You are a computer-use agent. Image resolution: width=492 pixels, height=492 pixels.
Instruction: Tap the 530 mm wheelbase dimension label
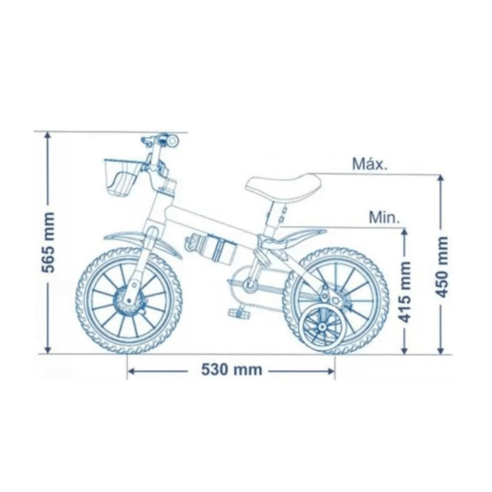(x=231, y=370)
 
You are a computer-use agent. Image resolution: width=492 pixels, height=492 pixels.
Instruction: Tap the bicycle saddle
(x=283, y=188)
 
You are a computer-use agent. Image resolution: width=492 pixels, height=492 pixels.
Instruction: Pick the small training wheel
(x=322, y=327)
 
